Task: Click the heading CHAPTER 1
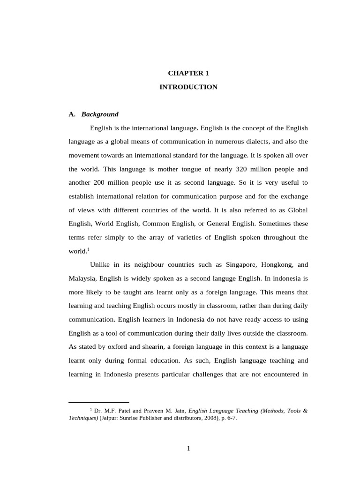[x=188, y=73]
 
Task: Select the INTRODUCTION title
[x=188, y=87]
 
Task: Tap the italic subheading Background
[x=100, y=114]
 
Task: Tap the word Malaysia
[x=82, y=278]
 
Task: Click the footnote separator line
[x=98, y=402]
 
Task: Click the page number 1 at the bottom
[x=188, y=448]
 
